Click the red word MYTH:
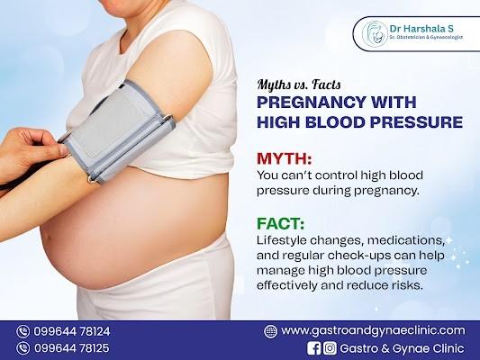tap(285, 157)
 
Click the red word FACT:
tap(282, 219)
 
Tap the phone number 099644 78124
tap(72, 330)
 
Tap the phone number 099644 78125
tap(72, 346)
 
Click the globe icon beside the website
tap(270, 330)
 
